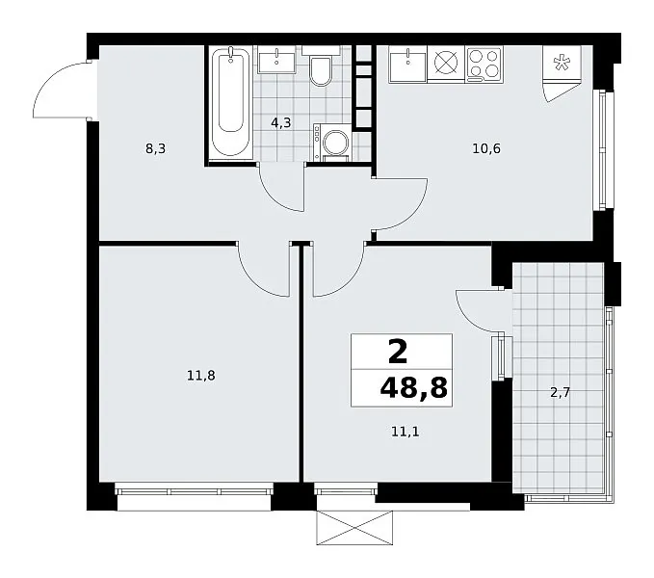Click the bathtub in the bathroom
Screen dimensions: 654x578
pos(230,102)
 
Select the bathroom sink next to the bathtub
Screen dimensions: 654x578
pos(276,60)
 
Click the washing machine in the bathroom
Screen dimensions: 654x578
pos(333,142)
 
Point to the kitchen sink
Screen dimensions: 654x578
pos(407,65)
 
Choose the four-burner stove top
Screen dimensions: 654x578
pos(484,65)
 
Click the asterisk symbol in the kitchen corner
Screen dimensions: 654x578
pos(562,63)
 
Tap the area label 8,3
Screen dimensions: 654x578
pos(156,148)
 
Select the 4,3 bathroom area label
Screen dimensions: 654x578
pos(280,123)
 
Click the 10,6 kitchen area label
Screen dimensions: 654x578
pos(486,148)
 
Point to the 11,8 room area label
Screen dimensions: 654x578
pos(200,376)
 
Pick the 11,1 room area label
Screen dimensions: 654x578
pos(405,432)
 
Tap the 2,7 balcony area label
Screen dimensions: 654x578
pos(561,393)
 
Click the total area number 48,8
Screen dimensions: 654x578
pos(414,388)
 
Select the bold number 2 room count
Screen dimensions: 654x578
pos(398,352)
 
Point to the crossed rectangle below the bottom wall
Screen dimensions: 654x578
pos(354,528)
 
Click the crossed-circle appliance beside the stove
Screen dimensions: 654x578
pos(446,63)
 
